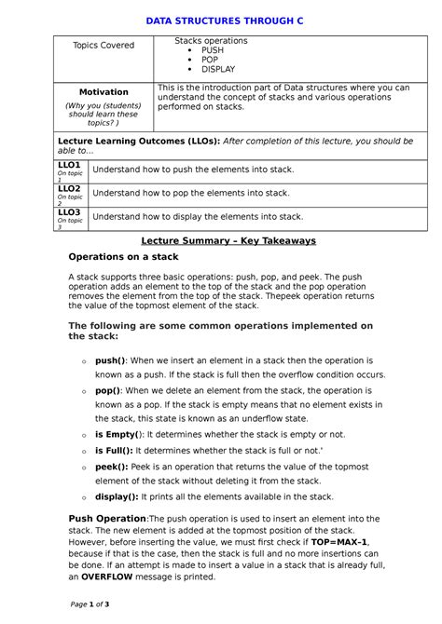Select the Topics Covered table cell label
click(104, 45)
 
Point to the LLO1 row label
click(70, 164)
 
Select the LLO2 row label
click(70, 188)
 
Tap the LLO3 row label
click(70, 212)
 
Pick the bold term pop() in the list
click(107, 390)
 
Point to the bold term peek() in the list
click(110, 466)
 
